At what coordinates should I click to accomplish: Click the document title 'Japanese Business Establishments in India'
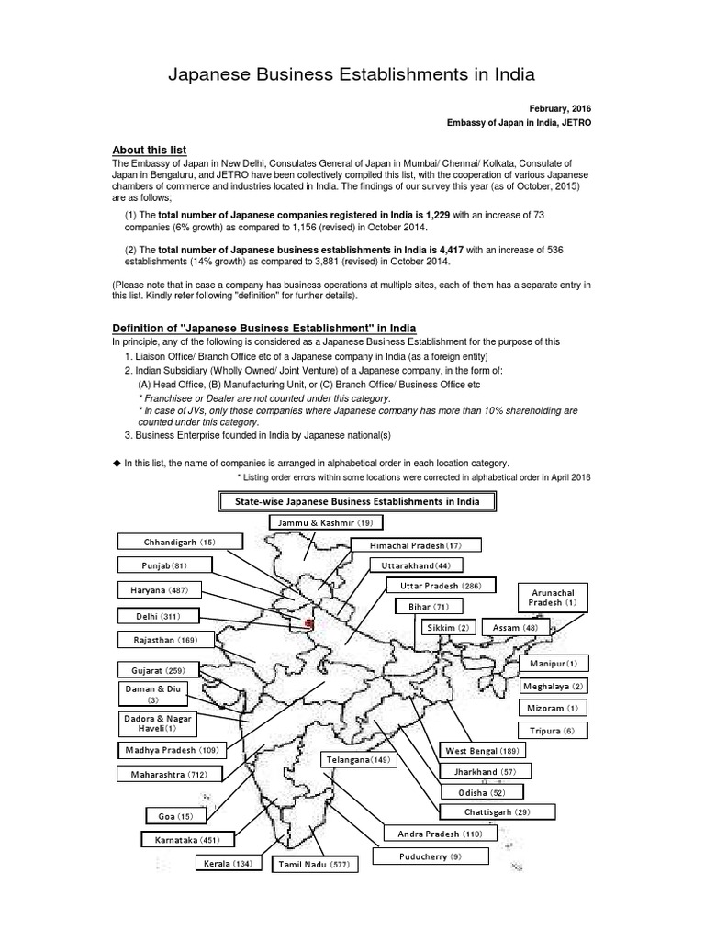[x=352, y=74]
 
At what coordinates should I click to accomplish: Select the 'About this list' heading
[x=149, y=150]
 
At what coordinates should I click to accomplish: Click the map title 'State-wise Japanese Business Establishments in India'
[x=358, y=501]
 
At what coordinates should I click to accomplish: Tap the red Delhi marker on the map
[x=308, y=624]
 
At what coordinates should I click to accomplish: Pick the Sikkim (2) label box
[x=446, y=627]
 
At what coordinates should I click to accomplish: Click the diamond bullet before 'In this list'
[x=117, y=463]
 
